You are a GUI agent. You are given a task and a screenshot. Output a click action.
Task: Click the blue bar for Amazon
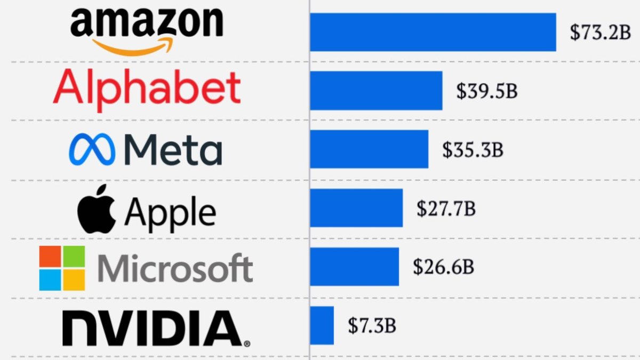coord(433,32)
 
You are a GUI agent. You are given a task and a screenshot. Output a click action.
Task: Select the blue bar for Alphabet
coord(376,91)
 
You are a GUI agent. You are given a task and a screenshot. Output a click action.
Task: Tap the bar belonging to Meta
coord(369,149)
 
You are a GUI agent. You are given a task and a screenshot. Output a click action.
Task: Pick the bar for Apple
coord(356,208)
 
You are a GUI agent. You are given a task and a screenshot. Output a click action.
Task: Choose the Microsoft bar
coord(354,267)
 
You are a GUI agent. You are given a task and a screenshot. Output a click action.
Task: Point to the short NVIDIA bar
coord(322,325)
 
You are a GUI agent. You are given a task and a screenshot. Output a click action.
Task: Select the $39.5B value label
coord(486,91)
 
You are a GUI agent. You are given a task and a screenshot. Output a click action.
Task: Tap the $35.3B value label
coord(473,150)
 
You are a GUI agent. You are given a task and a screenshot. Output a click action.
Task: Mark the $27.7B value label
coord(446,209)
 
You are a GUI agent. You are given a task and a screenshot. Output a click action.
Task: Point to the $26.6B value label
coord(443,267)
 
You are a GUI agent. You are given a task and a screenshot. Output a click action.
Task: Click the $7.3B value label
coord(372,325)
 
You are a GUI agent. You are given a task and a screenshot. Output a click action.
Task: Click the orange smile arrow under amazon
coord(133,47)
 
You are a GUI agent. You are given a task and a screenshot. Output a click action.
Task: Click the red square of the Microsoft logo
coord(50,257)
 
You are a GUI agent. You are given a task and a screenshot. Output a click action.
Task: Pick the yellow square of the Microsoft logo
coord(74,280)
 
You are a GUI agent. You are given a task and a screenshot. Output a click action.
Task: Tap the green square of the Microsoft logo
coord(74,257)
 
